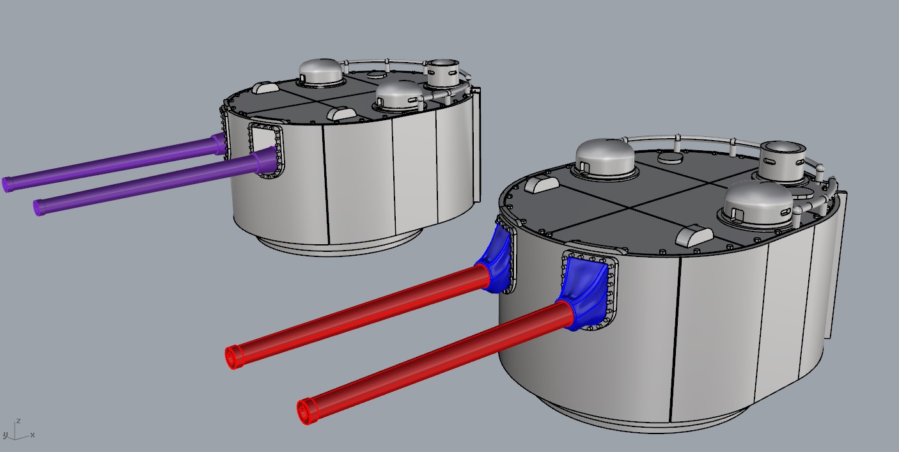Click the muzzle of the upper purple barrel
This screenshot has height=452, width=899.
pos(7,185)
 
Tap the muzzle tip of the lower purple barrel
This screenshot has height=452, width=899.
pos(38,208)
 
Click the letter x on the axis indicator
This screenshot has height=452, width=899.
pos(33,435)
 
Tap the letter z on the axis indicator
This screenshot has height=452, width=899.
pos(19,421)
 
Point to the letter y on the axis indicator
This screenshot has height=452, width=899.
pos(5,435)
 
